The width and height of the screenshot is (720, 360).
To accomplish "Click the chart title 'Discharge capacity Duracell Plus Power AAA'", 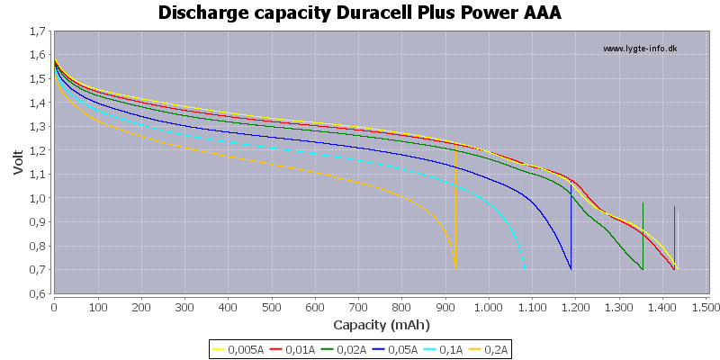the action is (359, 13).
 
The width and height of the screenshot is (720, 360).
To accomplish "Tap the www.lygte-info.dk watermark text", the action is (640, 49).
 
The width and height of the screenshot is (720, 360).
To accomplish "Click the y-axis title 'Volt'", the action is (18, 162).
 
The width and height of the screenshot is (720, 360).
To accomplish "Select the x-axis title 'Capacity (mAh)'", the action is (381, 325).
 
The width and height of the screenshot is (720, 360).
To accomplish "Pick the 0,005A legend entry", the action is (237, 350).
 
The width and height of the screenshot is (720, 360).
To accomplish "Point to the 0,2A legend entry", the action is (487, 350).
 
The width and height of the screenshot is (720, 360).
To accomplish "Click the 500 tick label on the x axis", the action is (272, 305).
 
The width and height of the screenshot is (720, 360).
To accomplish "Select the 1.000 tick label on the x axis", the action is (489, 305).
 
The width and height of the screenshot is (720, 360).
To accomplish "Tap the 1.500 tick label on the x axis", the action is (706, 305).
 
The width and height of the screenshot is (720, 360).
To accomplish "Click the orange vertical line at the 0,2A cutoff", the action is (455, 209).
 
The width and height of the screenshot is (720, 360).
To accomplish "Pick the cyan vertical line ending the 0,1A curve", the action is (525, 216).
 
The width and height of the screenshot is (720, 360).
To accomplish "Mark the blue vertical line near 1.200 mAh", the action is (571, 227).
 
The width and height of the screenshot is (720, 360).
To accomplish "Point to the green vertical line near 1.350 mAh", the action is (643, 236).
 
